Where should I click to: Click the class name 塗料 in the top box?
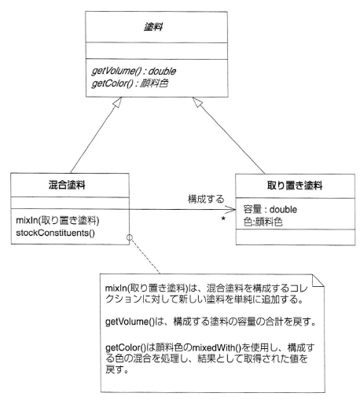153,27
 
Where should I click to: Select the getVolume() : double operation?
134,71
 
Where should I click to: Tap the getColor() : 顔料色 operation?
130,83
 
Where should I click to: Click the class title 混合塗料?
67,185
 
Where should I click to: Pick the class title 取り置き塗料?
295,185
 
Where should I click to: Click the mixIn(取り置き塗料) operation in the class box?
57,220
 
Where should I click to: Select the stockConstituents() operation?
55,233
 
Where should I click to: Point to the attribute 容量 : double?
270,210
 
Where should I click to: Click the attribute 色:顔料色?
263,222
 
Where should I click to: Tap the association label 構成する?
206,199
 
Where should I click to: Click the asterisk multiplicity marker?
223,219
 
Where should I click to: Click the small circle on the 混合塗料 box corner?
130,237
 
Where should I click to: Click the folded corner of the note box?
318,281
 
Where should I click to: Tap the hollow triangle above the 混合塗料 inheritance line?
117,102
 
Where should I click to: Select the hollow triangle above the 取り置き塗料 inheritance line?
197,102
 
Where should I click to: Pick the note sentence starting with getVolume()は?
211,321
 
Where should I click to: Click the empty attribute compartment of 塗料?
156,51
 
